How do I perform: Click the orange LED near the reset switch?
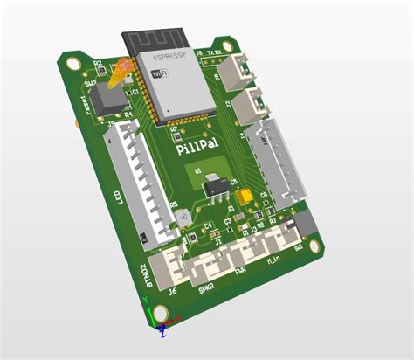[120, 73]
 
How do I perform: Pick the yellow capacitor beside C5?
[246, 197]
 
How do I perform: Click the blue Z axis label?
[163, 332]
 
